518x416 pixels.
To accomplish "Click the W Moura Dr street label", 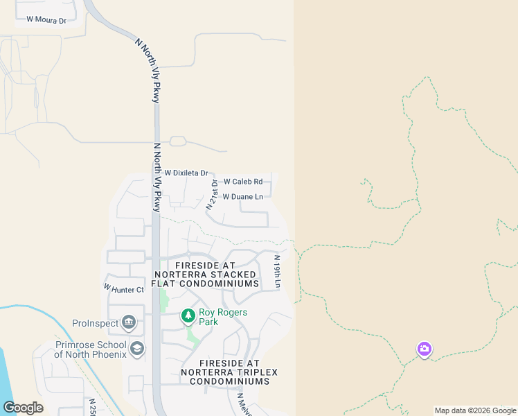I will click(46, 20).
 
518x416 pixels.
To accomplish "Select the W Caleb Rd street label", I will click(243, 182).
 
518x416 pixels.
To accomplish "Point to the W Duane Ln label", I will click(243, 197).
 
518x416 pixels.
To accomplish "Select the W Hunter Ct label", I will click(124, 288).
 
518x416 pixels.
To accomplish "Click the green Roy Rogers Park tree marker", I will click(188, 316).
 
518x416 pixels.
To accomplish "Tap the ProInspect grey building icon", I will click(129, 322).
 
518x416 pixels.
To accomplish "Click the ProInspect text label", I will click(95, 323).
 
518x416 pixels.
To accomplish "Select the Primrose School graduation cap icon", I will click(137, 348).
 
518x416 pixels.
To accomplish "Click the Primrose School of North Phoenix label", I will click(91, 349).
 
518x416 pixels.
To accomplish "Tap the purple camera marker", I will click(425, 349).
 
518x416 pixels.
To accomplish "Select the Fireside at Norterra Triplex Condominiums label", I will click(229, 372).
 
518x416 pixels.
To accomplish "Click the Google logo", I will click(23, 408).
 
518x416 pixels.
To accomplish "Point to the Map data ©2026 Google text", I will click(476, 410).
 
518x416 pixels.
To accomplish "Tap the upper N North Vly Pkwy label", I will click(148, 71).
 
